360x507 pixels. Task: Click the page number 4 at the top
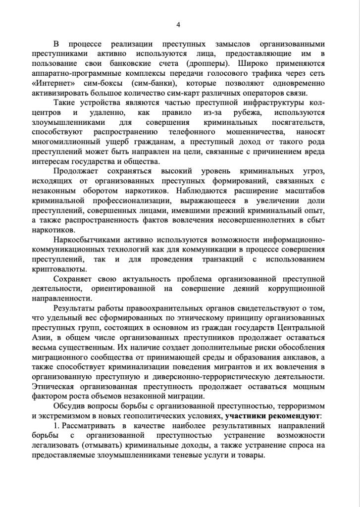179,25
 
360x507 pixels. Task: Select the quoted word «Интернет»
51,83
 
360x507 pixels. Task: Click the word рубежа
242,113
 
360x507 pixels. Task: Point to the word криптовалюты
58,269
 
